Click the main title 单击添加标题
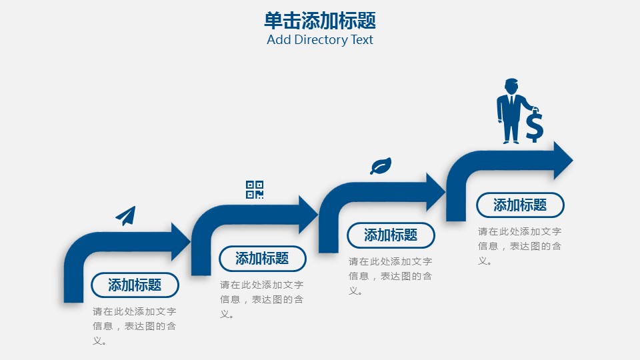[320, 21]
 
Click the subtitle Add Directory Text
[320, 39]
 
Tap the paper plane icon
[126, 215]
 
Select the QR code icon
[255, 189]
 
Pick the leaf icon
[381, 166]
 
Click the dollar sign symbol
[534, 127]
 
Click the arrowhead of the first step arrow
[182, 241]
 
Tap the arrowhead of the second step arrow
[309, 214]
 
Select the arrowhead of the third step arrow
[436, 191]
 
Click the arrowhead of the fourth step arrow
[563, 160]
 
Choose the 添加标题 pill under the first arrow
[135, 285]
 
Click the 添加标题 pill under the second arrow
[262, 259]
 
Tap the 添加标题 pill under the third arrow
[391, 235]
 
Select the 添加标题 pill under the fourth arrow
[520, 205]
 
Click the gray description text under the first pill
[135, 326]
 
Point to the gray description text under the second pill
[262, 299]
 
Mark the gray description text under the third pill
[391, 275]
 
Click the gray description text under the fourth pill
[520, 246]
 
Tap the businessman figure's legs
[511, 131]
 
